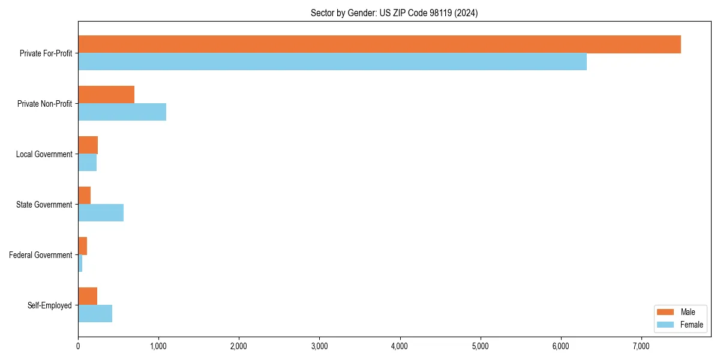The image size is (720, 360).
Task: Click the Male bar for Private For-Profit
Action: pos(379,44)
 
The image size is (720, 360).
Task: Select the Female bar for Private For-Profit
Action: pos(332,62)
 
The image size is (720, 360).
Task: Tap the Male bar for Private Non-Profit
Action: pos(106,95)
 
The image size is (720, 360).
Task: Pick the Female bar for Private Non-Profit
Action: pos(122,112)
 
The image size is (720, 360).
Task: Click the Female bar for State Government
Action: pos(101,213)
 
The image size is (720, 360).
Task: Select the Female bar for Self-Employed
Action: pos(95,314)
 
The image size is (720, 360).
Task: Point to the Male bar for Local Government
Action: pos(88,145)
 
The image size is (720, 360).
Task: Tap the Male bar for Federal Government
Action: pos(83,246)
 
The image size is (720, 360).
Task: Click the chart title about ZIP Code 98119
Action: pos(394,13)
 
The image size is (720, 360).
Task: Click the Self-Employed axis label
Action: pos(50,305)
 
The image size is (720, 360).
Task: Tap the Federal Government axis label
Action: pos(41,255)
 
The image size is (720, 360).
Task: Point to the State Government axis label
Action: pos(44,205)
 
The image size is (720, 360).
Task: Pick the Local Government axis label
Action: pos(44,154)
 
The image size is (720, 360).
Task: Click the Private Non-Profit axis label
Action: pos(45,104)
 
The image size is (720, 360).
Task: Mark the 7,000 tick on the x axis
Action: pos(641,346)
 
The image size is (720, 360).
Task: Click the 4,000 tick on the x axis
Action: pos(400,346)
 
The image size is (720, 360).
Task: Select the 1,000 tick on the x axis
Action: pos(158,346)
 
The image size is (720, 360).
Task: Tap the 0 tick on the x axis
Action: pos(78,346)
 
